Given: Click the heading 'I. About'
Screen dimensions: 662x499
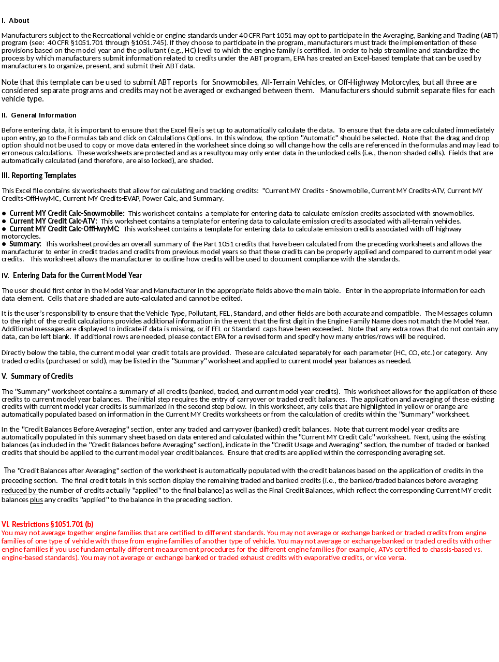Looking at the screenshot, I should click(x=15, y=21).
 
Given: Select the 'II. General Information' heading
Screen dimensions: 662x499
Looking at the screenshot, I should click(x=39, y=115).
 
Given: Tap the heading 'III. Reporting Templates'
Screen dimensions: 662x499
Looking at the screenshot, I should click(x=39, y=175).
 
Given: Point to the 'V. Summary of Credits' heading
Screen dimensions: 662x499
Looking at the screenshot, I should click(x=37, y=376).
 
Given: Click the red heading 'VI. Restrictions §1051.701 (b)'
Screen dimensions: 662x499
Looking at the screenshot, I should click(x=48, y=524).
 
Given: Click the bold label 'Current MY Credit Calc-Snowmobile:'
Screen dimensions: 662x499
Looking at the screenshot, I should click(x=67, y=213).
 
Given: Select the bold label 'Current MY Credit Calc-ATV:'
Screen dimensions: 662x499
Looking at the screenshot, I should click(x=53, y=221).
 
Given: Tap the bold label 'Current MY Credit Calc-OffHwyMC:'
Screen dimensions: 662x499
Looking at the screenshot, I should click(x=64, y=229).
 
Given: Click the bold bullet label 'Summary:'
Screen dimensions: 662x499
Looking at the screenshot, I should click(x=25, y=244).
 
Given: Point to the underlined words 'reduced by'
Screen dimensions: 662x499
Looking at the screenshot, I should click(x=19, y=491).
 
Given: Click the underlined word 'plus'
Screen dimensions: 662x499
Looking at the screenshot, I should click(x=36, y=500).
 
